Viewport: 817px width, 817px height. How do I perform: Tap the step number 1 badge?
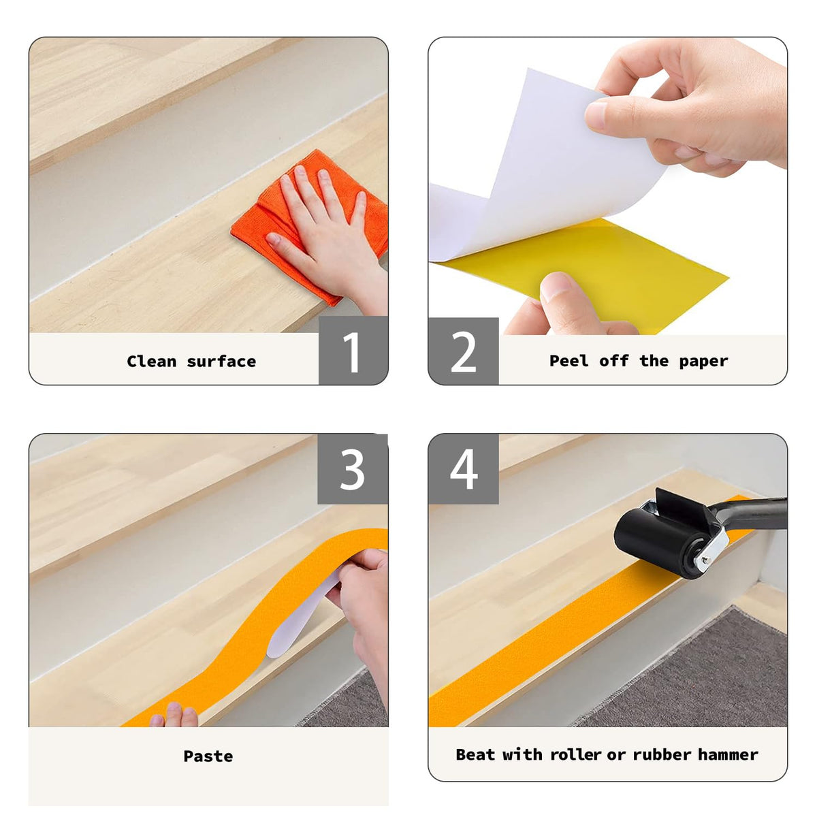point(353,350)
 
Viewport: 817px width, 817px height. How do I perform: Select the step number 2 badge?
point(464,351)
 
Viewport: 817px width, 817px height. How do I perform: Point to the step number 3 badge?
point(353,469)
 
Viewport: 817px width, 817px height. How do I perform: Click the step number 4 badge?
point(464,469)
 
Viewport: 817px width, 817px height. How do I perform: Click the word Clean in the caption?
point(151,362)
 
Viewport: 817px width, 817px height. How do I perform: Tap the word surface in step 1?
point(221,362)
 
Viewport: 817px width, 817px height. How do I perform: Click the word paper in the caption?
point(703,362)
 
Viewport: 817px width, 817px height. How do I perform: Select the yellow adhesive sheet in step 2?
point(594,272)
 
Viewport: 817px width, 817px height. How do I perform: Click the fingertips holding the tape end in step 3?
point(174,716)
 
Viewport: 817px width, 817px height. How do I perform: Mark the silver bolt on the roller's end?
point(704,560)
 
